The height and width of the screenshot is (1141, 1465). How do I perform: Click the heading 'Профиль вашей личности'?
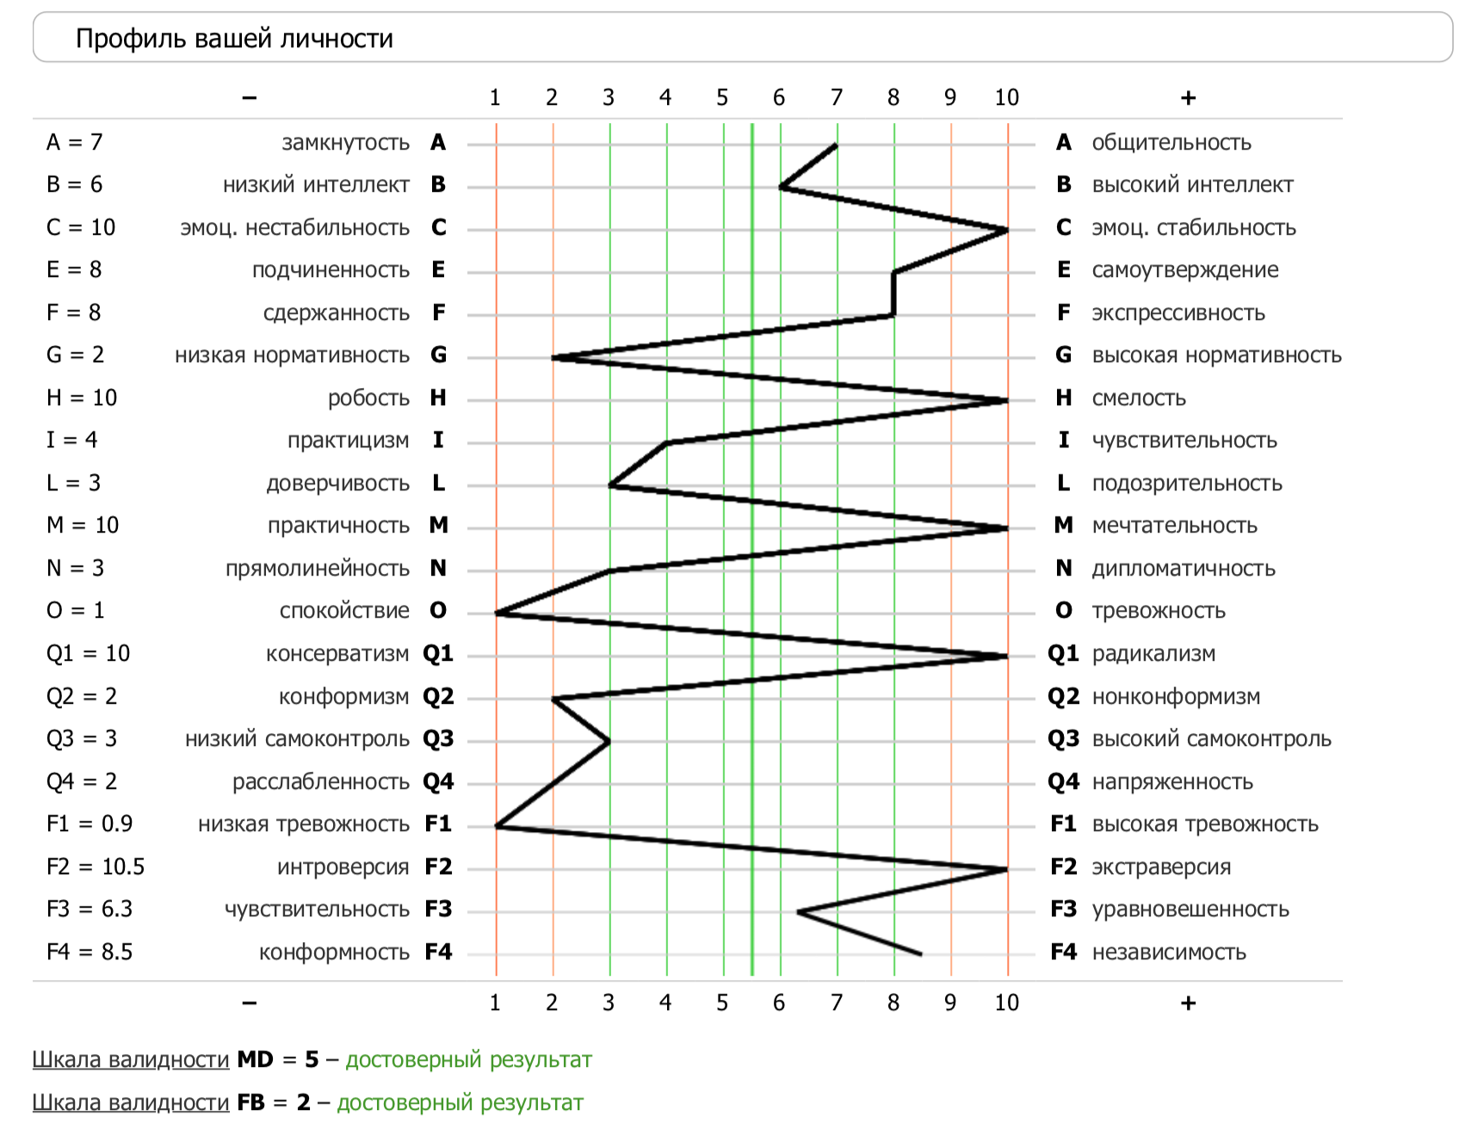pos(234,39)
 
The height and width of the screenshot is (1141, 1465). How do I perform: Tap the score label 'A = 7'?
pos(75,142)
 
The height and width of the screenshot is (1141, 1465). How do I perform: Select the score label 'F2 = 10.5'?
pos(96,867)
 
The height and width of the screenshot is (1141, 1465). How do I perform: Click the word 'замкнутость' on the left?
pos(345,142)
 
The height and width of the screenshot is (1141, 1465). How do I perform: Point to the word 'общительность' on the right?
pos(1171,142)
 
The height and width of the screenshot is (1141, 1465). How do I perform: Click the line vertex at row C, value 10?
pos(1007,230)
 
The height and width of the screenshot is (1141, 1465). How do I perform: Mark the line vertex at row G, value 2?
pos(553,357)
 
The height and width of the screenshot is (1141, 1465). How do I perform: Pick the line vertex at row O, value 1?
pos(497,613)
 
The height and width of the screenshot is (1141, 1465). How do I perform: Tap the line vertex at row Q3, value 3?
pos(609,741)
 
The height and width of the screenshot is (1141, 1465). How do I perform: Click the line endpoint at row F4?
pos(922,954)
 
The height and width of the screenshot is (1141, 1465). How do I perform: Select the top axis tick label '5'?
pos(722,98)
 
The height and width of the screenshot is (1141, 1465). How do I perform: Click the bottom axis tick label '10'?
pos(1006,1002)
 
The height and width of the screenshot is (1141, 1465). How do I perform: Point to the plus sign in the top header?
pos(1188,98)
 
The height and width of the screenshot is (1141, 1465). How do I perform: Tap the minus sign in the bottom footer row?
pos(250,1002)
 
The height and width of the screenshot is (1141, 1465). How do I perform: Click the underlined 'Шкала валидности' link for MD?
pos(131,1059)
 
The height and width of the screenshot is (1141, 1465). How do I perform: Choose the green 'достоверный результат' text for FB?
pos(460,1102)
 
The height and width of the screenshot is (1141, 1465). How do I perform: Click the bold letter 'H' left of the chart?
pos(438,398)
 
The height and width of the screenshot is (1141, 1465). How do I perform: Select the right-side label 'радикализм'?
pos(1153,653)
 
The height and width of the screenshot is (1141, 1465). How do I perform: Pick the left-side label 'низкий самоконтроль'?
pos(297,738)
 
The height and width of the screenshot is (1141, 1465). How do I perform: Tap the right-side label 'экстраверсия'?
pos(1161,867)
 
